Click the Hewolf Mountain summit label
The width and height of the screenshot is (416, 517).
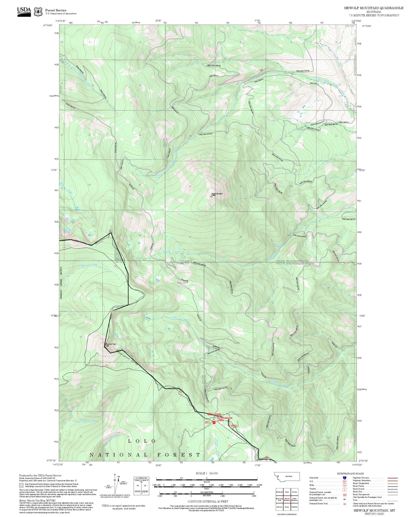coord(217,194)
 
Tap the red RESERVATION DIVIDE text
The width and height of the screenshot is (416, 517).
coord(225,419)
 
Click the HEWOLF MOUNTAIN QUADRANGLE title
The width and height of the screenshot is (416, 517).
coord(374,8)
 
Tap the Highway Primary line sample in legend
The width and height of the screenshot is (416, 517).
coord(393,478)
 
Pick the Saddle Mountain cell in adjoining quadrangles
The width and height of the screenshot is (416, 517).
coord(294,499)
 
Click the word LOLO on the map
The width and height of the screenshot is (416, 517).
coord(142,441)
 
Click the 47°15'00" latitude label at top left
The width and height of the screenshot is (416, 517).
coord(48,25)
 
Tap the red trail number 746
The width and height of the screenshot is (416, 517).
coord(64,248)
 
